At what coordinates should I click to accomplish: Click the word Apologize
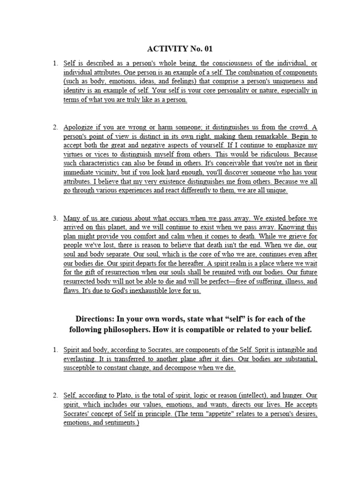point(80,127)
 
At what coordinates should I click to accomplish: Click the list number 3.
point(55,218)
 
